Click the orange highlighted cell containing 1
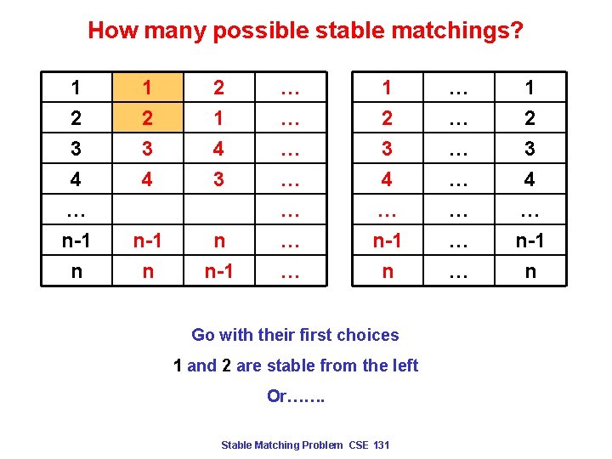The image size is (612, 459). (x=148, y=87)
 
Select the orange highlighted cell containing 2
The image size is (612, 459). (x=148, y=117)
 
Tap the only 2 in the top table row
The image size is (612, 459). (x=219, y=87)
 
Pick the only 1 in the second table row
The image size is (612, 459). (x=219, y=117)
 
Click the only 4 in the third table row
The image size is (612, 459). (x=219, y=149)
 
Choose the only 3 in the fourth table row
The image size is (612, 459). (x=219, y=179)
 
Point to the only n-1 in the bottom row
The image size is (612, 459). (x=219, y=273)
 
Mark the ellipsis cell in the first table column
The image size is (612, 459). (x=76, y=210)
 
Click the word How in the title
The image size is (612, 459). (x=114, y=31)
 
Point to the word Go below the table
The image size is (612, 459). (x=203, y=334)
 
